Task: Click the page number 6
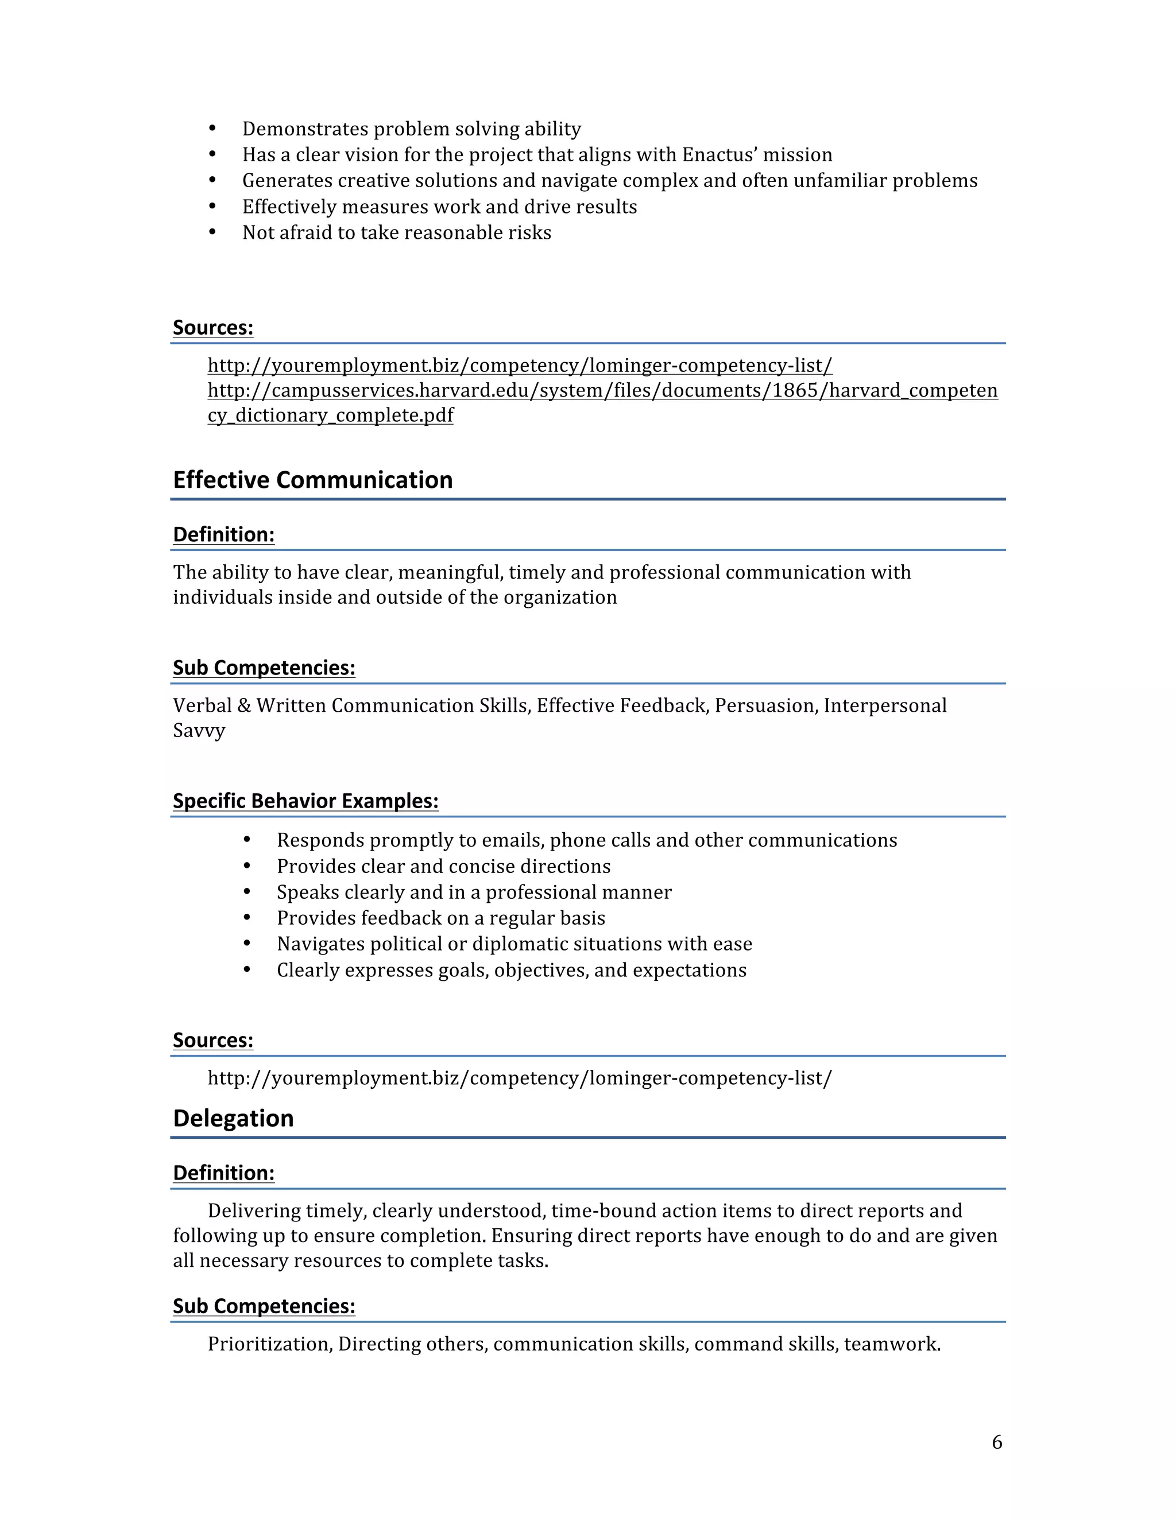tap(996, 1442)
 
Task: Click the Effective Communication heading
tap(313, 480)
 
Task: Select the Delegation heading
tap(233, 1118)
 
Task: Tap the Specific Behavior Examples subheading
tap(305, 801)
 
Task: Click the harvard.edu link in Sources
tap(602, 391)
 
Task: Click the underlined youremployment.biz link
tap(520, 366)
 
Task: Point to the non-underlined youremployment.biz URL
tap(520, 1078)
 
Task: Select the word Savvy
tap(199, 731)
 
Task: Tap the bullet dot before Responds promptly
tap(247, 840)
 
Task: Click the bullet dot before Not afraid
tap(212, 232)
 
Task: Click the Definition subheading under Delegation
tap(223, 1173)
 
